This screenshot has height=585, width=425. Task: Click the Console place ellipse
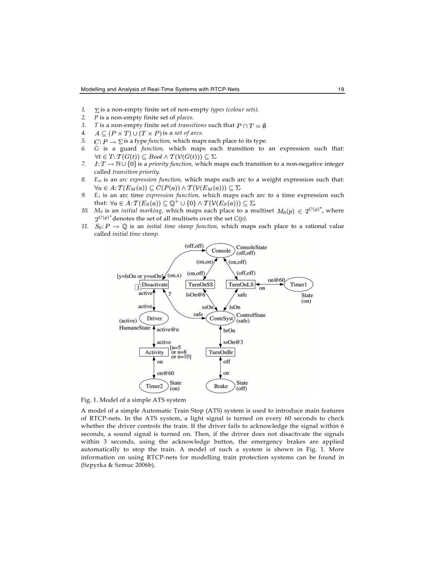(x=221, y=251)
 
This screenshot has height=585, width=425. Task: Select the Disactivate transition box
(x=154, y=285)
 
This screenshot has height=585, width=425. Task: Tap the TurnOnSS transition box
(x=201, y=285)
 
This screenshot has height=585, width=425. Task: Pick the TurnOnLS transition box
(x=241, y=285)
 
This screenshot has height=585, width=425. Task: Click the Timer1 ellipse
(x=298, y=284)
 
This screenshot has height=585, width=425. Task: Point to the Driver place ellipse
(x=154, y=318)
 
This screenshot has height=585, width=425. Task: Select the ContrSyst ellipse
(x=220, y=318)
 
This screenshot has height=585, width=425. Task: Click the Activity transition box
(x=154, y=353)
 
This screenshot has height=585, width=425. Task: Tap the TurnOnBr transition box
(x=221, y=353)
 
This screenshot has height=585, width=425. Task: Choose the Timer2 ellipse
(x=154, y=386)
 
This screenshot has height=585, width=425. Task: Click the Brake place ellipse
(x=221, y=386)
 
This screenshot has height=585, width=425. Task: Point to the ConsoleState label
(x=251, y=247)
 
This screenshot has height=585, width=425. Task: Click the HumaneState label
(x=134, y=328)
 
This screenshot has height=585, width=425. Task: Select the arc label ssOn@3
(x=233, y=342)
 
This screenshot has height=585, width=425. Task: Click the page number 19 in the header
(x=341, y=90)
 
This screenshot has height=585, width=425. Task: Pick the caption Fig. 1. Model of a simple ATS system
(x=133, y=400)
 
